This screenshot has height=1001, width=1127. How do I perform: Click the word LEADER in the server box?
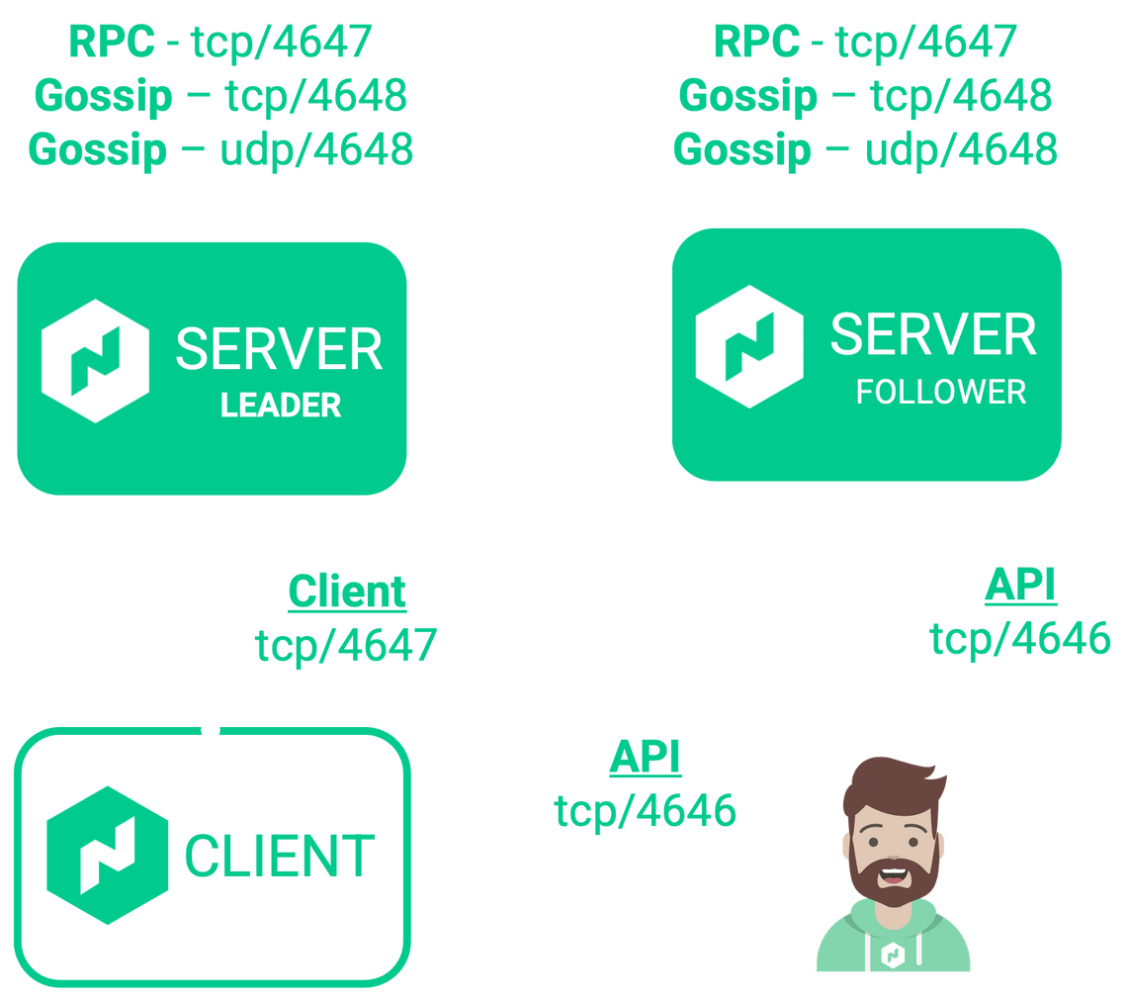(x=281, y=405)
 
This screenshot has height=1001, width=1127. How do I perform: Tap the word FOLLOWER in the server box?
(x=940, y=393)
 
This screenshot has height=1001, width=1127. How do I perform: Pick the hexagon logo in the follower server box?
(x=749, y=347)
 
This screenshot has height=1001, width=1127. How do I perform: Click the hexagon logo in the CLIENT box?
(x=108, y=854)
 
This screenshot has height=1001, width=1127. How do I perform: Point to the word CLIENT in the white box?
(x=280, y=856)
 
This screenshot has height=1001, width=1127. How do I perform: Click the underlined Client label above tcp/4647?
(x=346, y=592)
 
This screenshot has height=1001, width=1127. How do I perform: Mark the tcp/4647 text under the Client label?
(x=346, y=645)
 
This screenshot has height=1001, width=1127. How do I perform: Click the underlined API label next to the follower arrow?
(x=1020, y=587)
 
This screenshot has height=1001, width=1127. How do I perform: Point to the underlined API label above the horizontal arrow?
(x=645, y=758)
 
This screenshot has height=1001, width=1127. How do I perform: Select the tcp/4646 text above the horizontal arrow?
(x=645, y=811)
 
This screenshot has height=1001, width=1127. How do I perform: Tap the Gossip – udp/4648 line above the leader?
(x=219, y=149)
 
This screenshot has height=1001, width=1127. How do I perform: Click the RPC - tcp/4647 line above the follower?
(x=865, y=42)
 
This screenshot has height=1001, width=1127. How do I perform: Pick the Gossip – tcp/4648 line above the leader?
(x=219, y=96)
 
